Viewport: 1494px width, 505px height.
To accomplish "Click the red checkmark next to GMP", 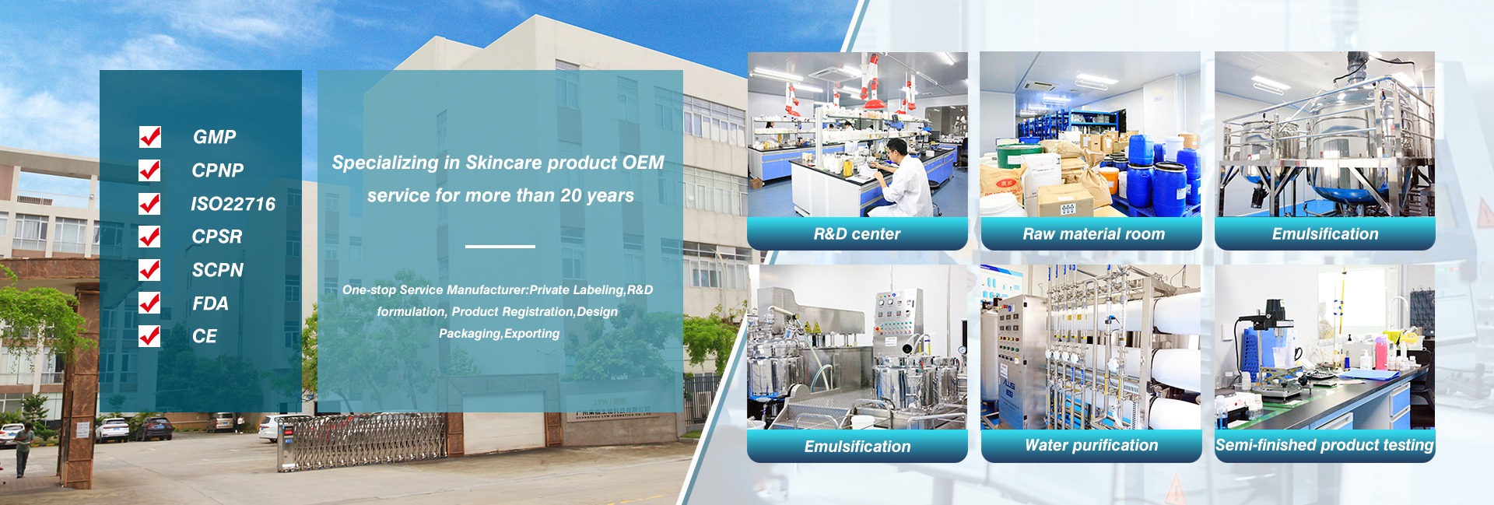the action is click(150, 137).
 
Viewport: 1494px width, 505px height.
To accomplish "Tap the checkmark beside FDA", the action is click(150, 303).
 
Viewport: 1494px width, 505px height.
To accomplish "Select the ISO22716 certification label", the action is click(233, 204).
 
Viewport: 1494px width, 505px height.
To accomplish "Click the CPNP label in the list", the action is click(218, 170).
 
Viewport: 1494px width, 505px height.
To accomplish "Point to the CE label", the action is click(205, 336).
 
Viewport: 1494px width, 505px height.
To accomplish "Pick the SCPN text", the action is click(218, 270).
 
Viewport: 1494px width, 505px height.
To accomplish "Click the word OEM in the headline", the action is click(644, 163).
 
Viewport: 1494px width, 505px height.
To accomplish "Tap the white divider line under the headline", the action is click(500, 247).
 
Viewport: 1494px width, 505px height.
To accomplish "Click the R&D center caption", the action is click(857, 234).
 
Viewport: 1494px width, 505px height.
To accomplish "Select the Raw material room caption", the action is click(1093, 234).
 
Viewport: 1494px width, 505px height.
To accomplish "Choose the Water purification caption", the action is click(1091, 445).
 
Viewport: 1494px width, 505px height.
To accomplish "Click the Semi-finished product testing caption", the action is click(1324, 445).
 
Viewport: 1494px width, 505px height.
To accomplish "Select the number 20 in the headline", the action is click(571, 195).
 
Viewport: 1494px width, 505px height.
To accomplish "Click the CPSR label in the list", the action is click(217, 237).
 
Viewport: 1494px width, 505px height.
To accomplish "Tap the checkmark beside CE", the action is click(150, 335).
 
